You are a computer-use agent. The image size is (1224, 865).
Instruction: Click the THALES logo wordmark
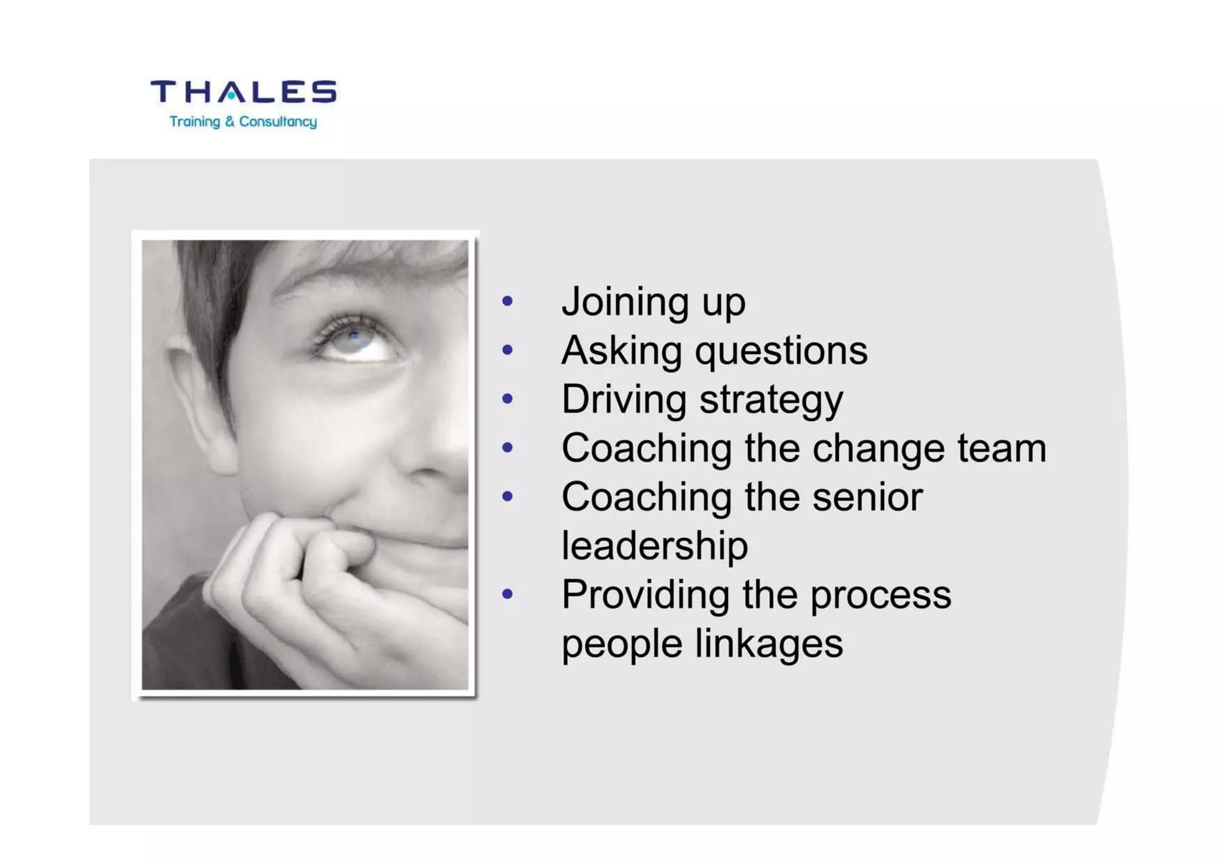click(x=243, y=92)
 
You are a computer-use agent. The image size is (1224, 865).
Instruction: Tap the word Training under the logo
click(x=195, y=122)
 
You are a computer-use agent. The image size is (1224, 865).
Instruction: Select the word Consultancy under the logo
click(x=278, y=122)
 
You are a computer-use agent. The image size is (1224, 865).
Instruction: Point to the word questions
click(x=781, y=351)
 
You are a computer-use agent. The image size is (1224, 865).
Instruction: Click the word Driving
click(x=624, y=400)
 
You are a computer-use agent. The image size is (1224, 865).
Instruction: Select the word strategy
click(x=771, y=401)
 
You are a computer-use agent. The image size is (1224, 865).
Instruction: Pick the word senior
click(x=867, y=497)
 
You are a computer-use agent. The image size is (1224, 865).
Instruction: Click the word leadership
click(x=654, y=546)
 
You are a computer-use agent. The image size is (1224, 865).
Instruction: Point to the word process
click(x=880, y=597)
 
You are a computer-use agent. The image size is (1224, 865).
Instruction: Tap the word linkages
click(x=769, y=645)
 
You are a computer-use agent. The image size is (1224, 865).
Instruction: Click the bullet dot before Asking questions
click(x=507, y=350)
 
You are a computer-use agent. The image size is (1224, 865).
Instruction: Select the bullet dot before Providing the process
click(x=507, y=594)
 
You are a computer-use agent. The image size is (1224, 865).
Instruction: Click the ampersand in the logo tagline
click(x=230, y=122)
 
